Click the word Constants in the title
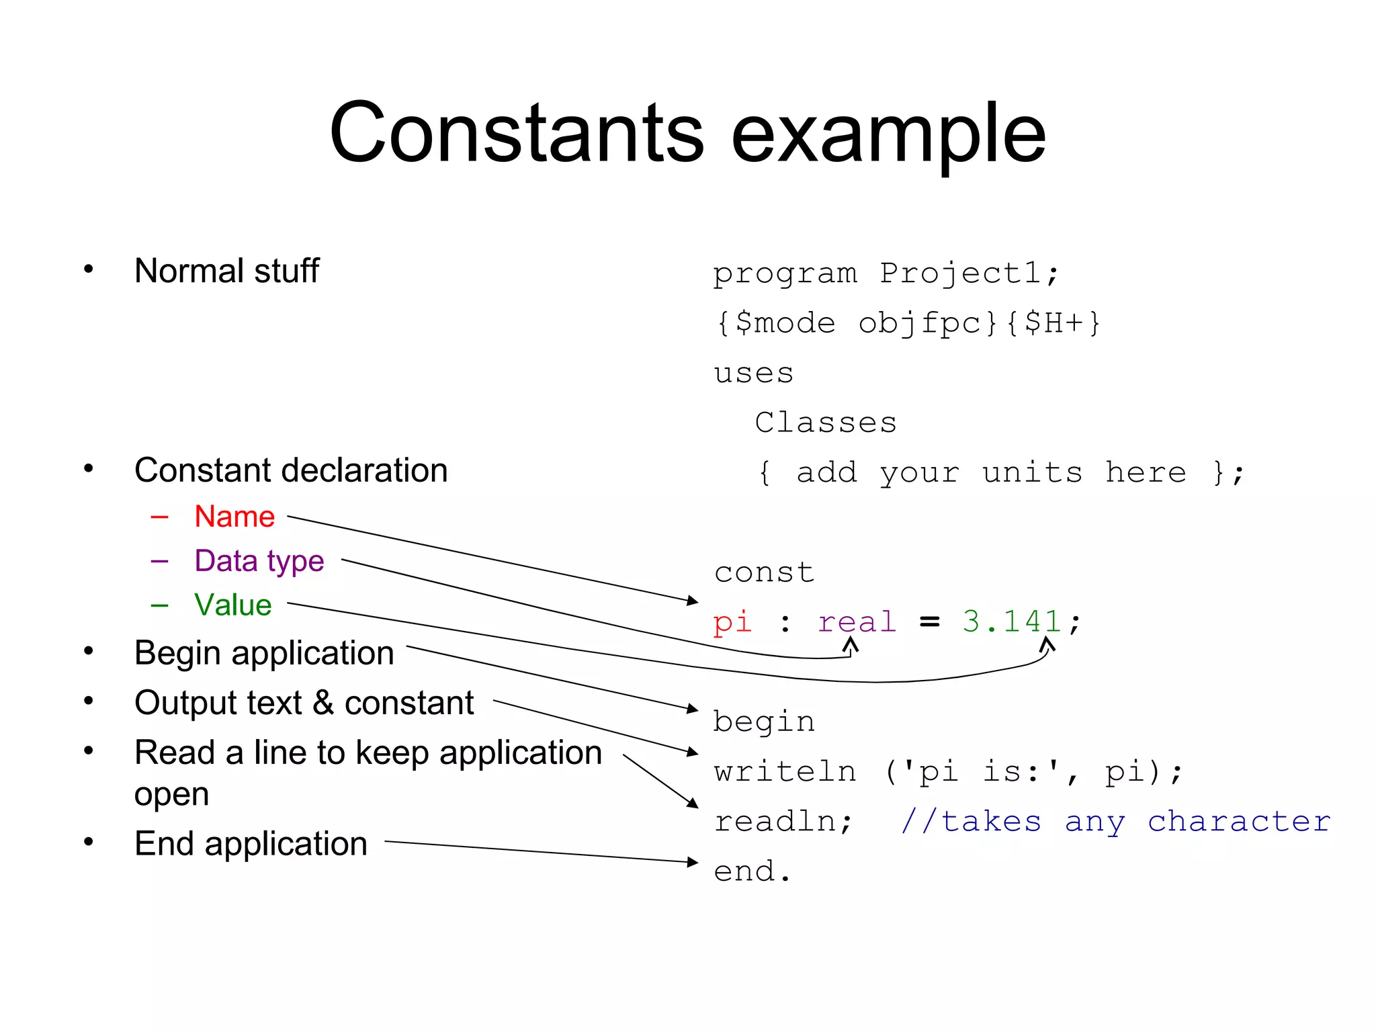point(516,133)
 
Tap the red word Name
point(234,517)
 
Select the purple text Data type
point(259,561)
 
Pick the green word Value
point(232,605)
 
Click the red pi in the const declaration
point(732,622)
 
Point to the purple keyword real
point(857,622)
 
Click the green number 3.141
point(1011,622)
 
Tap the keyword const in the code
point(764,572)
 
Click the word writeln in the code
point(785,771)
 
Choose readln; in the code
point(783,822)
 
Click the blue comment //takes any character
point(1115,822)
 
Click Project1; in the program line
point(970,273)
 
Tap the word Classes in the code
point(826,423)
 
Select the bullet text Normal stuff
point(226,271)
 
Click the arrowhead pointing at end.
point(693,861)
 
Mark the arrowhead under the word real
point(851,646)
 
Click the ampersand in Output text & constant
point(323,703)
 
